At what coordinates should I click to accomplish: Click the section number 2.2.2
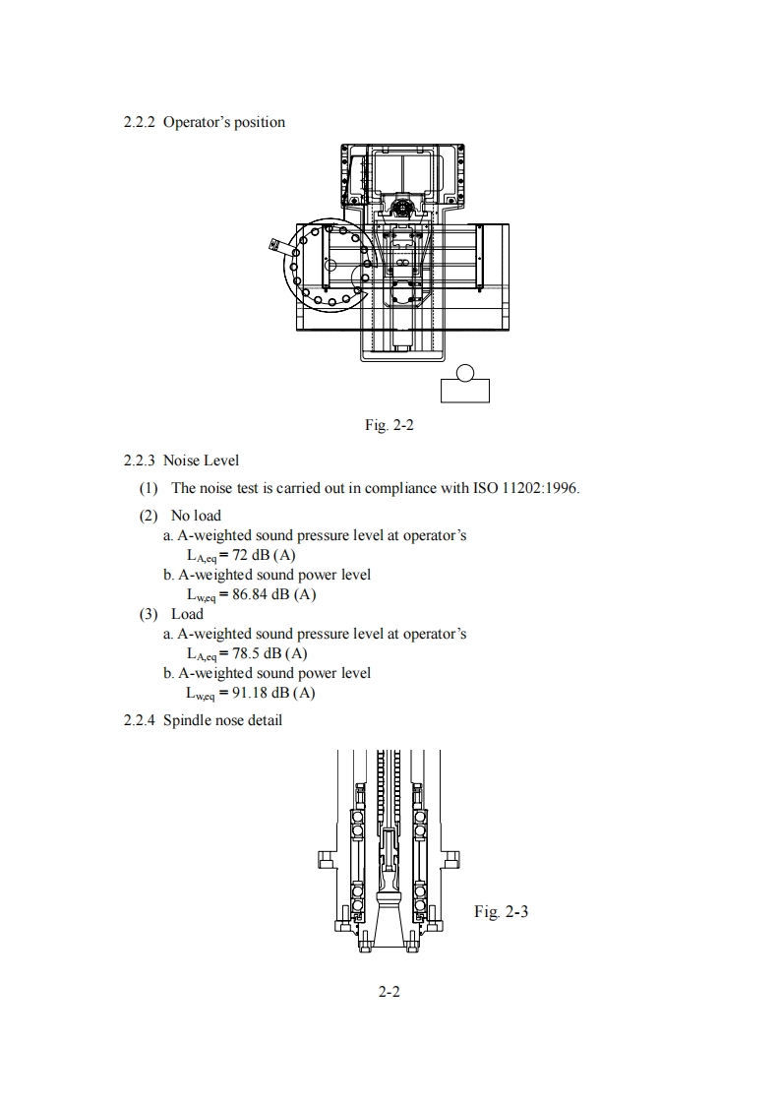pyautogui.click(x=140, y=123)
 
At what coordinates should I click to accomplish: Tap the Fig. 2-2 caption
pyautogui.click(x=389, y=426)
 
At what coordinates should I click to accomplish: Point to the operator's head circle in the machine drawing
pyautogui.click(x=466, y=372)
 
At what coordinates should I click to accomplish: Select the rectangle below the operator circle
pyautogui.click(x=465, y=391)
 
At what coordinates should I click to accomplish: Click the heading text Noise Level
pyautogui.click(x=201, y=460)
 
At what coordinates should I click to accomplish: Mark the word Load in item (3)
pyautogui.click(x=188, y=614)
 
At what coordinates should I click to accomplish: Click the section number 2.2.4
pyautogui.click(x=140, y=720)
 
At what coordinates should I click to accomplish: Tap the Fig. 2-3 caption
pyautogui.click(x=501, y=912)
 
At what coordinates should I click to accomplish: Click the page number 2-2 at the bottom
pyautogui.click(x=390, y=992)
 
